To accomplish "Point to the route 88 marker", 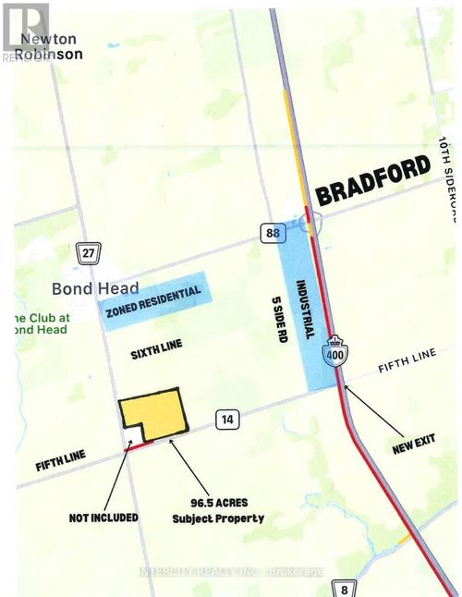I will (269, 234).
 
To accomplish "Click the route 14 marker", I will (225, 420).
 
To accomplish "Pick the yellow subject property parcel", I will (157, 413).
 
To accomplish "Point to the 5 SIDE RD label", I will (276, 318).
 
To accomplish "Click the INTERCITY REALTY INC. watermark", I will (231, 572).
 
